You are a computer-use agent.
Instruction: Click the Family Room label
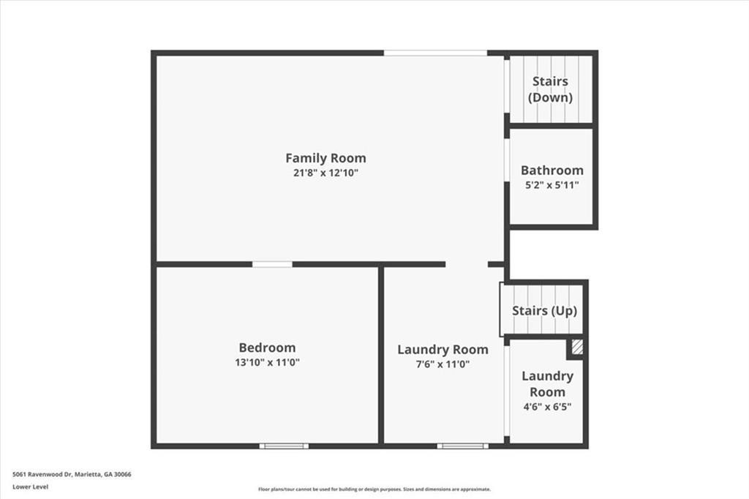(325, 158)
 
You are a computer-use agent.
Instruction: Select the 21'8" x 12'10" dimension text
(325, 173)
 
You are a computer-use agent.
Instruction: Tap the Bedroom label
(267, 348)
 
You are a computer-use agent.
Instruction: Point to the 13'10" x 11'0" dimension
(267, 362)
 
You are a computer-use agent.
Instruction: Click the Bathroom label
(552, 170)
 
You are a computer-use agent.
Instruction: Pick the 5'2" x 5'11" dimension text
(552, 185)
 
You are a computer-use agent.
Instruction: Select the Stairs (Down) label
(550, 89)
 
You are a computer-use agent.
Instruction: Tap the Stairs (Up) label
(544, 311)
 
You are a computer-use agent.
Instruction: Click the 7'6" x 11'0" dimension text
(443, 364)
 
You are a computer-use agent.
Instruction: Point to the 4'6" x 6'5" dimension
(547, 407)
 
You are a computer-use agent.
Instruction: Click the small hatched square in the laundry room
(577, 347)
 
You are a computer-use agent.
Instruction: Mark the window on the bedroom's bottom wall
(285, 446)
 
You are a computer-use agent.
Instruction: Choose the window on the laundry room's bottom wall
(463, 446)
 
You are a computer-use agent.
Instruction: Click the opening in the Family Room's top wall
(436, 53)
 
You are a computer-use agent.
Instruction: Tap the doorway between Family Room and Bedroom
(272, 264)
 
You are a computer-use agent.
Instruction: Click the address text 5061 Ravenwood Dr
(42, 475)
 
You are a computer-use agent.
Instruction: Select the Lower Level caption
(30, 487)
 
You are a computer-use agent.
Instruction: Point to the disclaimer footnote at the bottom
(374, 489)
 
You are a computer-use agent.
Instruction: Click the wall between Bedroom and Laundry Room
(381, 355)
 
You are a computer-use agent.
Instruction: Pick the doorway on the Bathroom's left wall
(507, 160)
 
